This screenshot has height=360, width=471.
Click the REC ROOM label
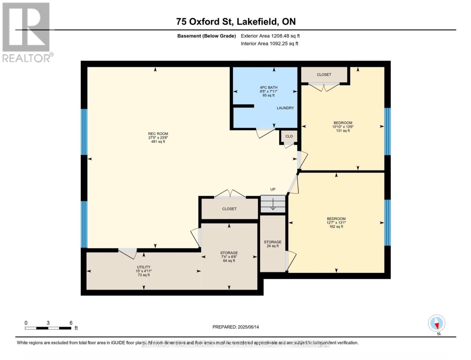[x=158, y=134]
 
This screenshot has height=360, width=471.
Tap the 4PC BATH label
[x=268, y=88]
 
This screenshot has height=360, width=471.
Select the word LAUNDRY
[x=285, y=108]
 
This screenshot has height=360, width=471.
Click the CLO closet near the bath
[x=289, y=136]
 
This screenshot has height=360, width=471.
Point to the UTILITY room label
[x=144, y=267]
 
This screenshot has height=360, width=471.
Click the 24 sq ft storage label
[x=273, y=244]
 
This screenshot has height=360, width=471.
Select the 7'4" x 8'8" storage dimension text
[x=229, y=257]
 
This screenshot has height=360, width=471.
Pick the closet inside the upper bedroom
[x=324, y=74]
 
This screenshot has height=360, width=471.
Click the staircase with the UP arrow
[x=273, y=204]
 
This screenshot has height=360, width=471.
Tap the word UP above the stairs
[x=273, y=189]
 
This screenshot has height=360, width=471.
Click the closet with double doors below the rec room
[x=229, y=209]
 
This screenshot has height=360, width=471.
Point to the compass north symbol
[x=437, y=324]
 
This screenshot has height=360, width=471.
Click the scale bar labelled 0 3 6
[x=48, y=328]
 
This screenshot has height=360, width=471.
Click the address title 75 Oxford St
[x=236, y=22]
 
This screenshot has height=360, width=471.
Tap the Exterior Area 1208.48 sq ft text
[x=270, y=36]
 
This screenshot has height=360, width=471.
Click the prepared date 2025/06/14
[x=236, y=327]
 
